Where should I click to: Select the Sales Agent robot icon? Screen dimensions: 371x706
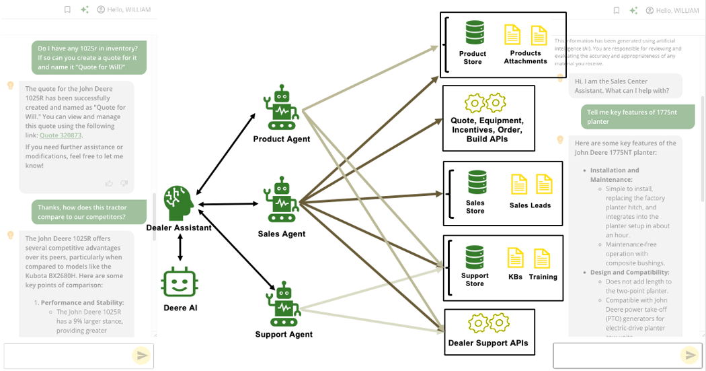pos(282,201)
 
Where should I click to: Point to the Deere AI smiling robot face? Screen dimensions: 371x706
pos(180,283)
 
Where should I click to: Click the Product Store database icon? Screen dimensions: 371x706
pos(475,32)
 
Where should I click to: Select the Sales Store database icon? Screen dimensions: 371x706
pos(477,182)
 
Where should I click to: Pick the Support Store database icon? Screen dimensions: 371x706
pos(475,257)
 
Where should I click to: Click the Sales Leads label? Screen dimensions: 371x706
pos(530,205)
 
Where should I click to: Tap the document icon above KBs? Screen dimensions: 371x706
pos(515,259)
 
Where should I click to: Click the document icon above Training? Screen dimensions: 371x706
pos(541,259)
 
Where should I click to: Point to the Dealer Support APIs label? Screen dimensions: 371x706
pos(488,343)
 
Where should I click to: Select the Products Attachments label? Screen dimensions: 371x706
pos(525,57)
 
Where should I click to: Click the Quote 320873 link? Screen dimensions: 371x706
pos(61,135)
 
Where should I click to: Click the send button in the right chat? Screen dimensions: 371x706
pos(689,355)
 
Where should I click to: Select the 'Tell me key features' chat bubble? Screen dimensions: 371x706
pos(637,117)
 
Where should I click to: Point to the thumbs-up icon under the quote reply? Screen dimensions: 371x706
pos(109,183)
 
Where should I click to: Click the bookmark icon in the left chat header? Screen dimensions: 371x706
pos(67,10)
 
